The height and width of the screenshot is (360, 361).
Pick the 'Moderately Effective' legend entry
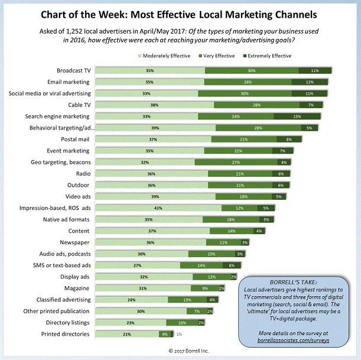(x=166, y=56)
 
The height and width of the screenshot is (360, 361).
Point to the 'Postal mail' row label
(x=75, y=140)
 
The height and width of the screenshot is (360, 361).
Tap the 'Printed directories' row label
(x=66, y=334)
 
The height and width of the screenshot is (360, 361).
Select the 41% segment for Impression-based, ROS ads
(x=158, y=209)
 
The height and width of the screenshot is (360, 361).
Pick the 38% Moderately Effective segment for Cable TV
(x=155, y=105)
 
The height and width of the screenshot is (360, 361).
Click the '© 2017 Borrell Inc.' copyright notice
(x=180, y=351)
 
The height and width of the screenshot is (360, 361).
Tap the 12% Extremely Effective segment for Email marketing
(x=310, y=82)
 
